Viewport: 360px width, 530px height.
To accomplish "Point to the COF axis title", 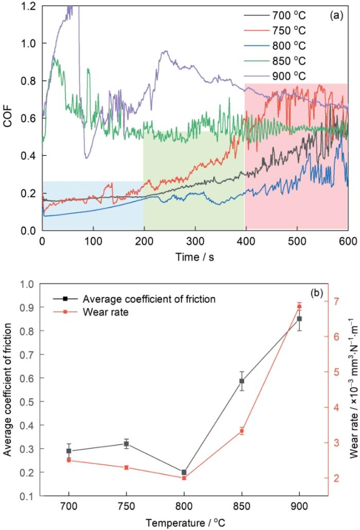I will point(9,118).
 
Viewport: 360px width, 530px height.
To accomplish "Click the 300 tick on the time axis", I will point(194,240).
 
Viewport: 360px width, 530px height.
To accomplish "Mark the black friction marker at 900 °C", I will point(299,319).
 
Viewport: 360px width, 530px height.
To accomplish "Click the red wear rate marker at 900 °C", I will point(299,307).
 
